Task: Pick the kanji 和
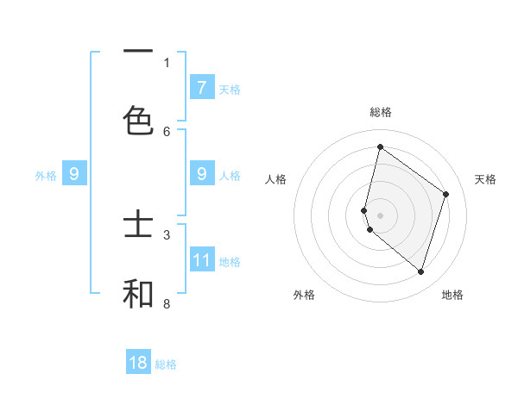pos(138,293)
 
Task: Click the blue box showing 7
pos(201,87)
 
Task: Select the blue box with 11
pos(202,260)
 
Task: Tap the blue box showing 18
pos(138,363)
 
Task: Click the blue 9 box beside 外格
pos(74,175)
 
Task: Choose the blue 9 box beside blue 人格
pos(202,174)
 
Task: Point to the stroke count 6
pos(167,131)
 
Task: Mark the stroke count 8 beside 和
pos(167,303)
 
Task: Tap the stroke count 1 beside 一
pos(167,62)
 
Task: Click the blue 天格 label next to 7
pos(230,89)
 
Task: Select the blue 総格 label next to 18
pos(166,364)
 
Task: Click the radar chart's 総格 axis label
pos(380,113)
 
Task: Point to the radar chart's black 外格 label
pos(304,296)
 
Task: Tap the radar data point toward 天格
pos(446,194)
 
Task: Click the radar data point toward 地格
pos(420,271)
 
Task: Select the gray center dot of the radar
pos(380,215)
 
